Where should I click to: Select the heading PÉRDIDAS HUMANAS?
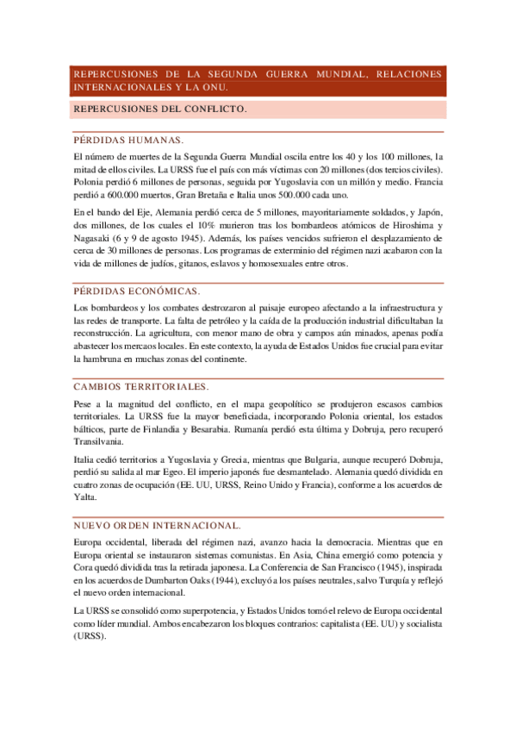tap(128, 139)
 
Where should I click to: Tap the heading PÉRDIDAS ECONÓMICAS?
tap(137, 291)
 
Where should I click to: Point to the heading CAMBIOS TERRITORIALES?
tap(141, 387)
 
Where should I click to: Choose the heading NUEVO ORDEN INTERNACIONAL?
tap(157, 525)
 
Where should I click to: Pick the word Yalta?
tap(86, 497)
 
